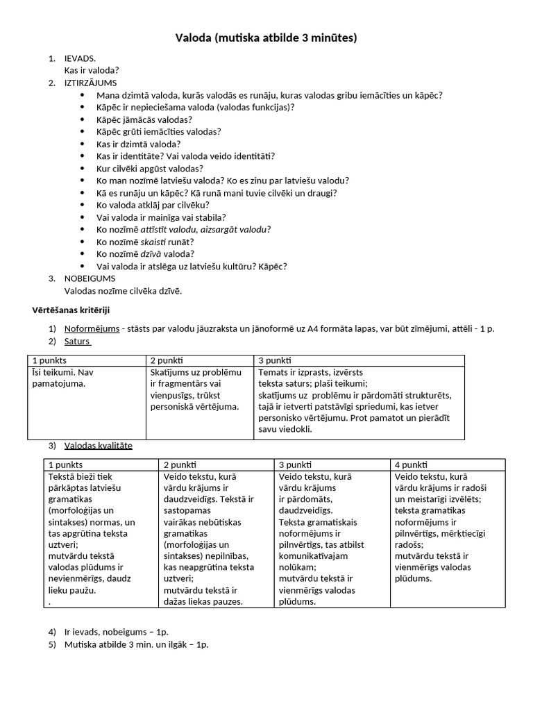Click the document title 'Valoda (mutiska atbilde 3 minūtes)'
pos(266,37)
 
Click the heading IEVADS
pos(80,59)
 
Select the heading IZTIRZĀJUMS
pos(91,83)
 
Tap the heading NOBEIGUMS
pos(90,278)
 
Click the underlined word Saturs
pos(78,341)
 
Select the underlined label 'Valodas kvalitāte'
pos(98,445)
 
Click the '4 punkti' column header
pos(411,465)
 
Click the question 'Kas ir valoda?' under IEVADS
pos(92,70)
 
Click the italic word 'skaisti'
pos(155,242)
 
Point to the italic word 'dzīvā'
pos(151,254)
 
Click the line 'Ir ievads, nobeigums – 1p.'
pos(116,632)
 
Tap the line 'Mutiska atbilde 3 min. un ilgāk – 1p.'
pos(136,644)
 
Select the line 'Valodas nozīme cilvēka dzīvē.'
pos(123,291)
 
